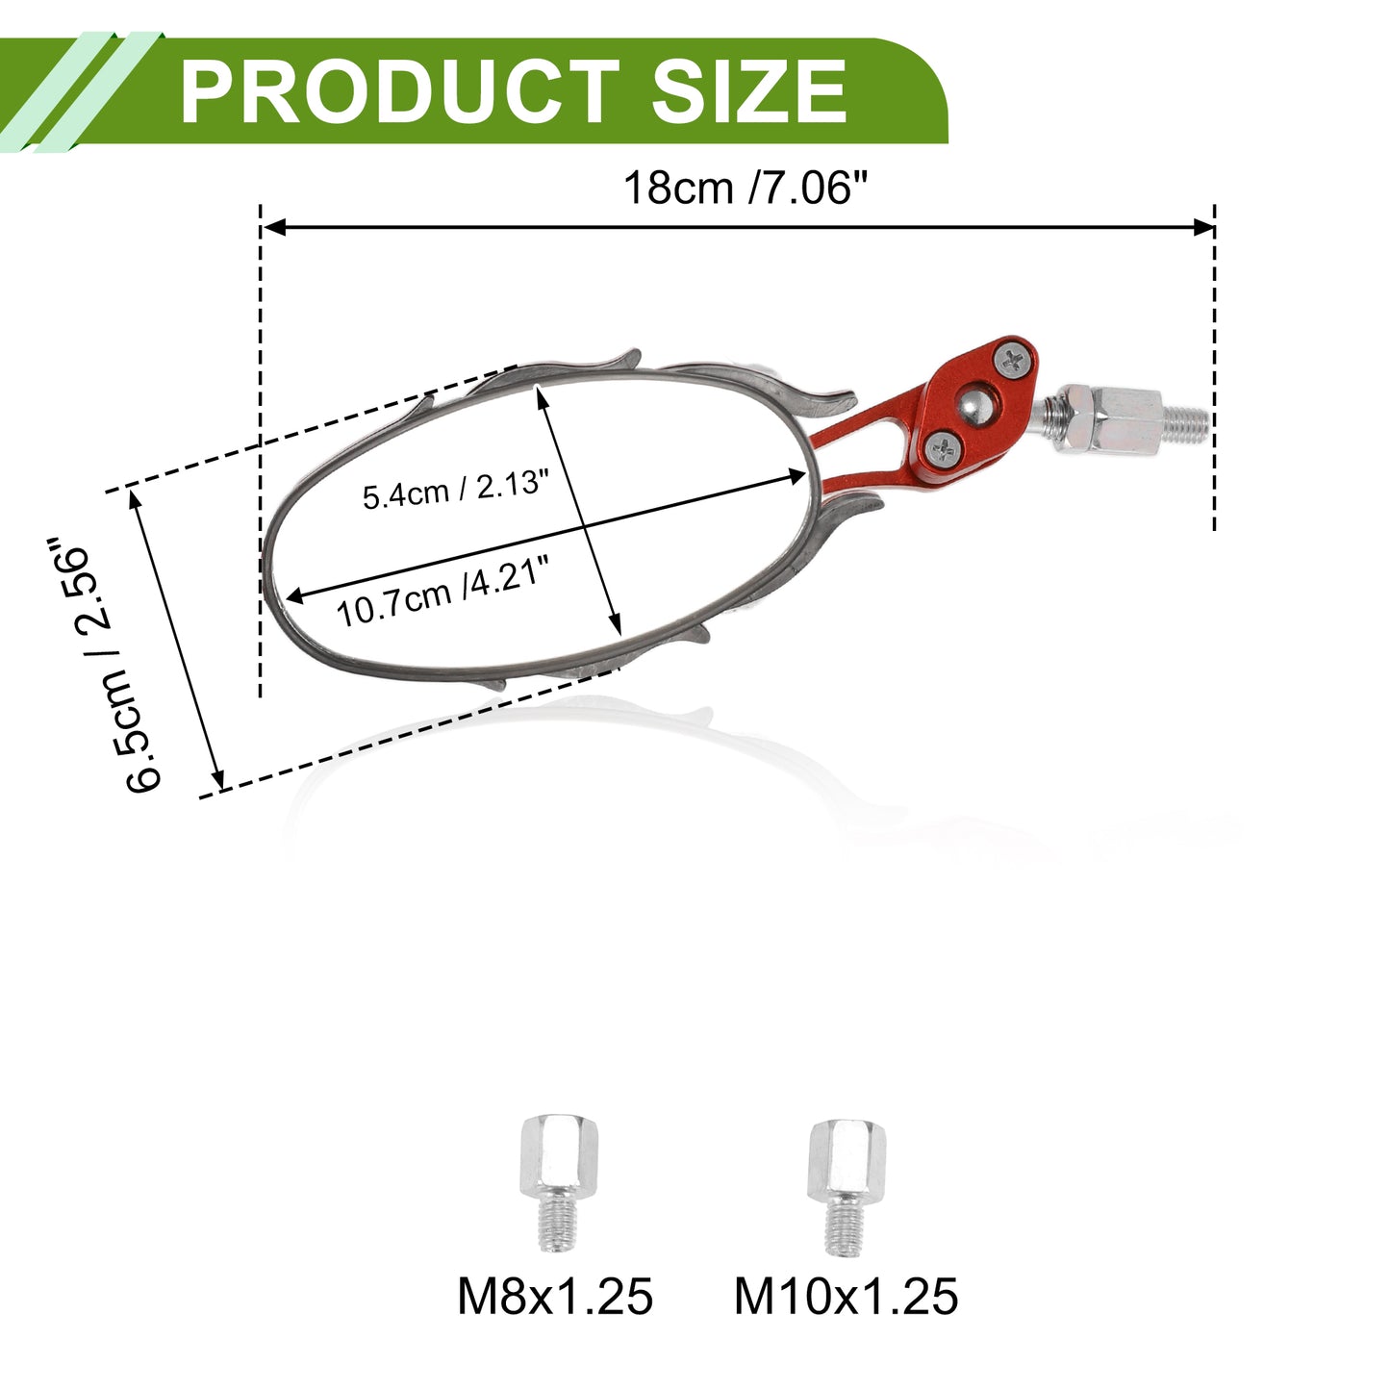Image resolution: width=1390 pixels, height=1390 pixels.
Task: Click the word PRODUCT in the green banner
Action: [x=399, y=91]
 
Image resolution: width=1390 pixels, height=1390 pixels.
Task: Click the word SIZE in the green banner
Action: [x=748, y=91]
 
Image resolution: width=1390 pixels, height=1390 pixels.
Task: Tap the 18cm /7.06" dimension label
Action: [x=746, y=189]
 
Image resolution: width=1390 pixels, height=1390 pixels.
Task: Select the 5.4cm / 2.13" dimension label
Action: [x=456, y=490]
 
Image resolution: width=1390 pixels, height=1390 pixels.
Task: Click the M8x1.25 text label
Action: [x=555, y=1297]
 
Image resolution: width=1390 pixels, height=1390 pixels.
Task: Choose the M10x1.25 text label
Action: [x=847, y=1297]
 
